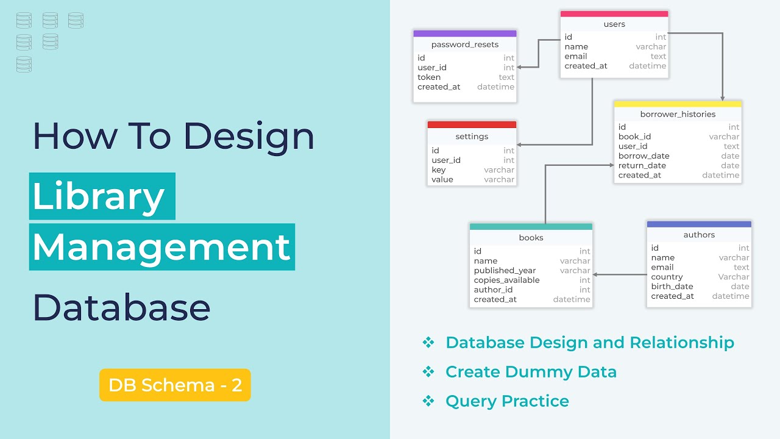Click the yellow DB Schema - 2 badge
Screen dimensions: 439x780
click(175, 385)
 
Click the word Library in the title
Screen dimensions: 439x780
click(99, 196)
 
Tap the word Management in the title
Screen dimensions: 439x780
click(161, 247)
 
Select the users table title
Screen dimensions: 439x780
click(614, 24)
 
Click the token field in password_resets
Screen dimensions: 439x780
click(429, 77)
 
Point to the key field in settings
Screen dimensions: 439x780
click(439, 170)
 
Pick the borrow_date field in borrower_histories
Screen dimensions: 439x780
click(643, 156)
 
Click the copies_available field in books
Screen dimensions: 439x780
click(506, 280)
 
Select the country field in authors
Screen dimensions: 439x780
click(667, 277)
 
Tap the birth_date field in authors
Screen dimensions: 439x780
click(672, 287)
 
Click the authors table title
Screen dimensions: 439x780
click(699, 235)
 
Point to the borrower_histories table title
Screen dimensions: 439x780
click(678, 114)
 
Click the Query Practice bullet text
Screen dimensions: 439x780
click(507, 401)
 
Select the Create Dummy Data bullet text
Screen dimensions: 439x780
click(531, 372)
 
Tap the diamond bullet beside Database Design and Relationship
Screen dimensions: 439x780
click(428, 343)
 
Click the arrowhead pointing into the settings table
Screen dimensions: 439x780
click(520, 145)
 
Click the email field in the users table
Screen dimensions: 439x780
click(576, 57)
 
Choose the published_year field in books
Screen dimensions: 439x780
click(505, 271)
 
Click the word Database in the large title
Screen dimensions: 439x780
click(121, 307)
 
